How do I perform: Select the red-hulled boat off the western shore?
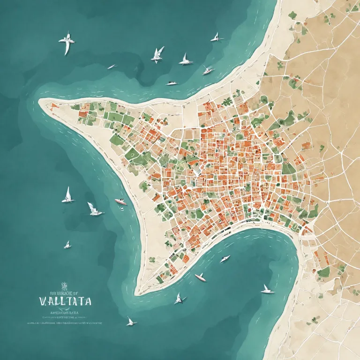point(121,202)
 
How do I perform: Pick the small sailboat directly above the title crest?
point(67,245)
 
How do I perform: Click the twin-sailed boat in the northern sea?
point(157,55)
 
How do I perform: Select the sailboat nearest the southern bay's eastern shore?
point(267,290)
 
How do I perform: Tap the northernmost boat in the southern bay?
point(225,259)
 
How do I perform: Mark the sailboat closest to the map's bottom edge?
point(131,322)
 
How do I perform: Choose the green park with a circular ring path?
point(133,154)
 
